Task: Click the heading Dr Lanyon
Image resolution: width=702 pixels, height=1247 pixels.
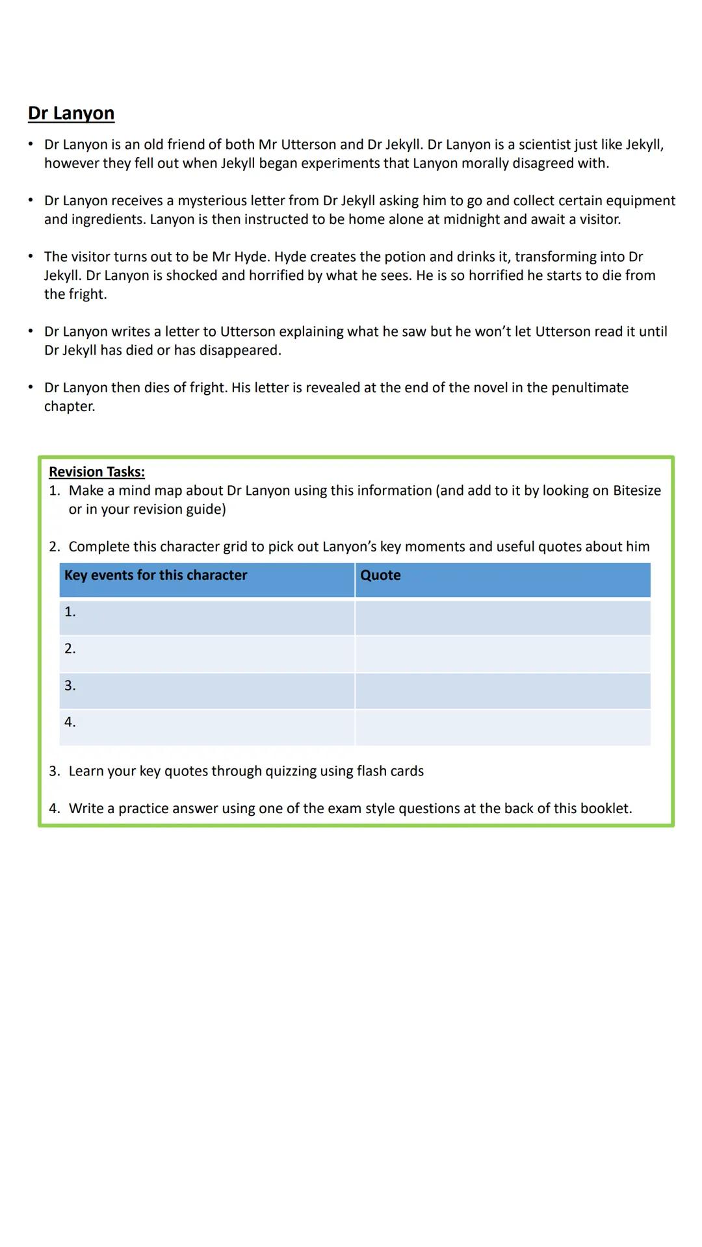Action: tap(71, 113)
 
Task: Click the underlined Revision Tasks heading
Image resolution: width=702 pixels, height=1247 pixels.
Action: tap(96, 472)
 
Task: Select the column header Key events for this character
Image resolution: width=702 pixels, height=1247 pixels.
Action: tap(155, 575)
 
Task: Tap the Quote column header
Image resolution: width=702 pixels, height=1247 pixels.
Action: tap(380, 575)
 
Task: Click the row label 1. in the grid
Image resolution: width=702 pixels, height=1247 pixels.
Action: tap(70, 612)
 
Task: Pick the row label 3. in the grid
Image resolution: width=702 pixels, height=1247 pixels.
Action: tap(70, 686)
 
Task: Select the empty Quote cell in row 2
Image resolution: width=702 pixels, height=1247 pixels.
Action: tap(502, 653)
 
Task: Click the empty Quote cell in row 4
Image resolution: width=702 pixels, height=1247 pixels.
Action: tap(502, 727)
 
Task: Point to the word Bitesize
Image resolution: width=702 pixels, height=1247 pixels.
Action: tap(636, 490)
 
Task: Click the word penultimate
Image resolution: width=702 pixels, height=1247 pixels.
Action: tap(590, 388)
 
